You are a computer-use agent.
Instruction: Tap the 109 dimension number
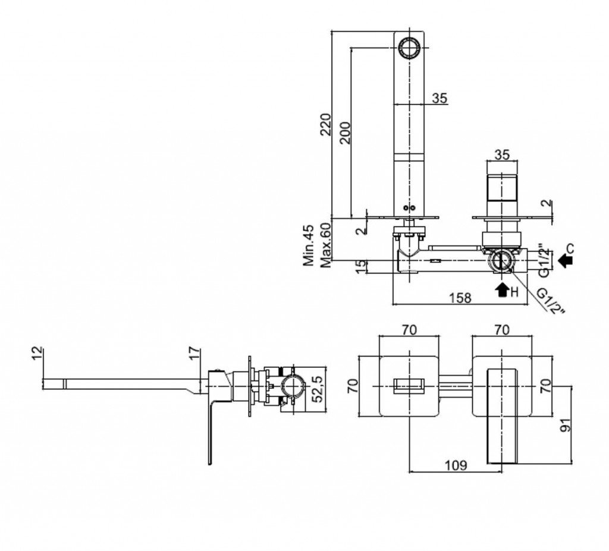point(457,465)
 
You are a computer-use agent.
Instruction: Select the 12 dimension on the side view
point(39,355)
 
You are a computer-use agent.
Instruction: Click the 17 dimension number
point(195,355)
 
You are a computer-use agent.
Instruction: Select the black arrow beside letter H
point(502,289)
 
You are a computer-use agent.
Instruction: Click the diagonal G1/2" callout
point(550,301)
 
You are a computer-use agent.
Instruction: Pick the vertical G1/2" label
point(542,259)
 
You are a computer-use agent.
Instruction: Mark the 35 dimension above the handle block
point(502,155)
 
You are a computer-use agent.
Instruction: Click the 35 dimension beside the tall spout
point(440,99)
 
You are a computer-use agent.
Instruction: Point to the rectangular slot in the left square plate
point(409,385)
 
